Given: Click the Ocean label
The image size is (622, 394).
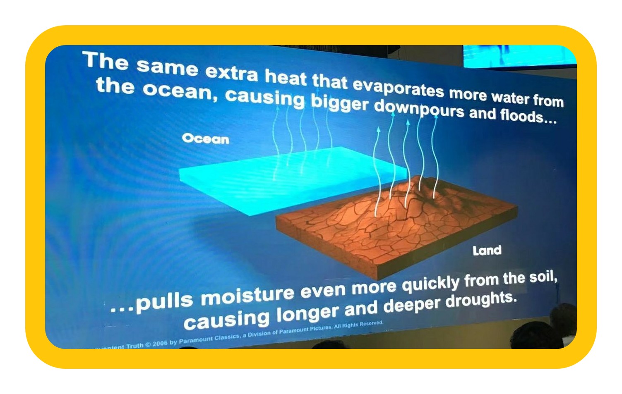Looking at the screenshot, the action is tap(206, 138).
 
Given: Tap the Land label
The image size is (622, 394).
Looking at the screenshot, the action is tap(487, 251).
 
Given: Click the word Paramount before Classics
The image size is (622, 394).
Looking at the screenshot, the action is tap(196, 340).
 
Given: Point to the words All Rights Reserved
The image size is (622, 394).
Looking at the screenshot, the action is tap(358, 325).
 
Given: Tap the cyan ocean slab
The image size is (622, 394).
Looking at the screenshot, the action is tap(292, 180).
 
